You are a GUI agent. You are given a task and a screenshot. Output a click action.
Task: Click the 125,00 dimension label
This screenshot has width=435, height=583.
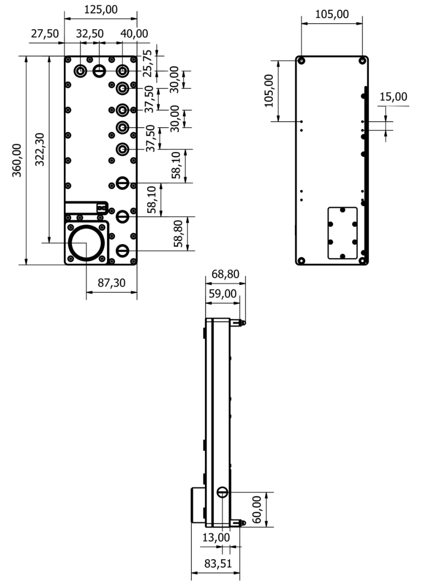(x=101, y=9)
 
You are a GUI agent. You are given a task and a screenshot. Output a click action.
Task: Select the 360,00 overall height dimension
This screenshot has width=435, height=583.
(x=17, y=160)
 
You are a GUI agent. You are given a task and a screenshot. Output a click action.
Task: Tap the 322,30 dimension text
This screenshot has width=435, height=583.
(x=39, y=149)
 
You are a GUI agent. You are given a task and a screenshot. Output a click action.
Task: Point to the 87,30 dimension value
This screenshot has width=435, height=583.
(x=111, y=283)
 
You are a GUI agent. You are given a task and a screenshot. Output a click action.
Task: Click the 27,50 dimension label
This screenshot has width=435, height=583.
(x=44, y=34)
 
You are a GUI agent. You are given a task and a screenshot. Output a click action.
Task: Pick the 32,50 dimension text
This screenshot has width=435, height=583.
(x=90, y=34)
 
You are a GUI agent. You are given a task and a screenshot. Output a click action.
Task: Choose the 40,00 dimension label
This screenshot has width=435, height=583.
(x=134, y=34)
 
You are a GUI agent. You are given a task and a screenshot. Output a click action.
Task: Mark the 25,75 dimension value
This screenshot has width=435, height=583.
(x=148, y=63)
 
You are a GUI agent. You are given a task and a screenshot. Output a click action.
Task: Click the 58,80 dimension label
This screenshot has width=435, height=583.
(x=179, y=234)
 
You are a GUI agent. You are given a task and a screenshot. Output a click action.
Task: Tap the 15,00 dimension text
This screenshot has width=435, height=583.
(x=393, y=97)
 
